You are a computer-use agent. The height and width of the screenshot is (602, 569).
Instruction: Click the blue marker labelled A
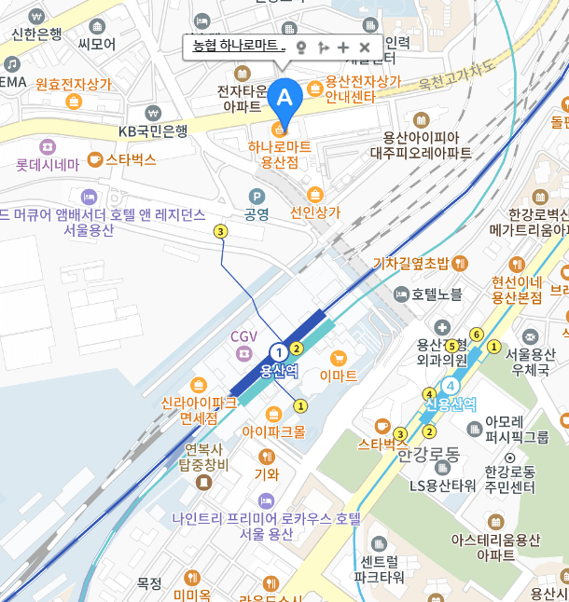point(284,97)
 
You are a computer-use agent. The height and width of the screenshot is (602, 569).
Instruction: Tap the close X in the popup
point(365,47)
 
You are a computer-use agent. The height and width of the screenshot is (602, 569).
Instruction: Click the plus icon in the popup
point(343,47)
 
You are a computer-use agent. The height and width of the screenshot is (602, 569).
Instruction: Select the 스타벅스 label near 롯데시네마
point(130,159)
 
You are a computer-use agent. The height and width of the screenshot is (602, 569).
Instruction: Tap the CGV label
point(243,335)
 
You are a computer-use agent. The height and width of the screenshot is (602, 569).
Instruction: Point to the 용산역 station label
point(278,370)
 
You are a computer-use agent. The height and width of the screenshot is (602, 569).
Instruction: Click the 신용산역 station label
point(451,404)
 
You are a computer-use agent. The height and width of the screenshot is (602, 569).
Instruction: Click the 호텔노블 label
point(437,294)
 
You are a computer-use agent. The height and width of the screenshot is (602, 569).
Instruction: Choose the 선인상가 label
point(315,212)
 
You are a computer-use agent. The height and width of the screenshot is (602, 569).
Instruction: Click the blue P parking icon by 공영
point(257,196)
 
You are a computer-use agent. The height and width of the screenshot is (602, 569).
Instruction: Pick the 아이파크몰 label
point(273,431)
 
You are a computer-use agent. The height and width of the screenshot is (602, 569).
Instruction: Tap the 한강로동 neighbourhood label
point(429,454)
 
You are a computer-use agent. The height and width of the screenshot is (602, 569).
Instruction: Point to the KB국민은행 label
point(153,131)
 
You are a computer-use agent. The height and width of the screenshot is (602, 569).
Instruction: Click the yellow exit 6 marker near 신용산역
point(476,335)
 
